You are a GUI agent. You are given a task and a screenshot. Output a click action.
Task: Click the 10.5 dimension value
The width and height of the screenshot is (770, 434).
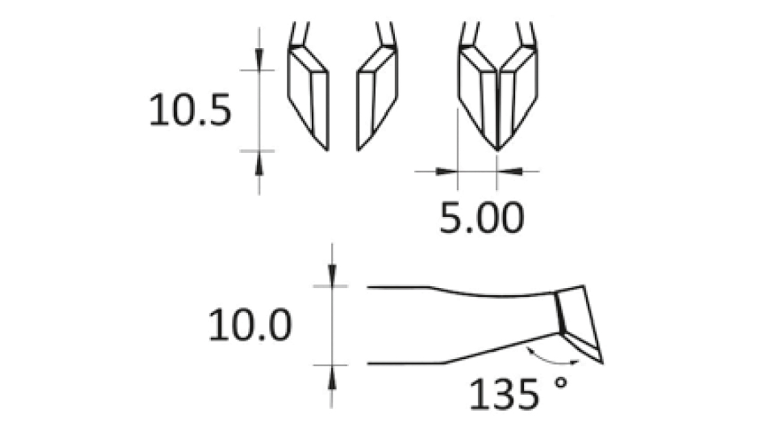[x=189, y=111]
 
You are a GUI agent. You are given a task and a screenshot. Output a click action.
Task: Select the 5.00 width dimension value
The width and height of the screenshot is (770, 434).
[x=481, y=218]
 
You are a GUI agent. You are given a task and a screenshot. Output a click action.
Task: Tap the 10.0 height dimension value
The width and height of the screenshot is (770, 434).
[x=250, y=325]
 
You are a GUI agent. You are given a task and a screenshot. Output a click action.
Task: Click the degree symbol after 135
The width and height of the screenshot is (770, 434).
[x=561, y=384]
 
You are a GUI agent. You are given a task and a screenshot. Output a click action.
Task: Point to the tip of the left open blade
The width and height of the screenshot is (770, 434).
[x=328, y=150]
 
